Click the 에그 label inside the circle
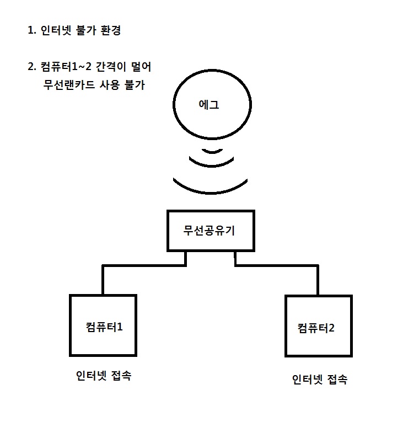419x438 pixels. point(208,104)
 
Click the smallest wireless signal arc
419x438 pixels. point(212,152)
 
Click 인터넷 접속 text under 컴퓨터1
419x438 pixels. point(104,375)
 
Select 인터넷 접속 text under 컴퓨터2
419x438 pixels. point(320,380)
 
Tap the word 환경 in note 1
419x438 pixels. point(111,30)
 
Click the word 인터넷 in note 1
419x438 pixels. point(56,30)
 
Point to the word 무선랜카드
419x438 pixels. point(69,84)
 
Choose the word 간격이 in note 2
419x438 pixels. point(111,67)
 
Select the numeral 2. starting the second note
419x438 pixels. point(32,67)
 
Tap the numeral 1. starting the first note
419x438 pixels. point(32,30)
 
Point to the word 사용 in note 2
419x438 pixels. point(110,84)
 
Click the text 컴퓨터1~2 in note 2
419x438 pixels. point(66,67)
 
